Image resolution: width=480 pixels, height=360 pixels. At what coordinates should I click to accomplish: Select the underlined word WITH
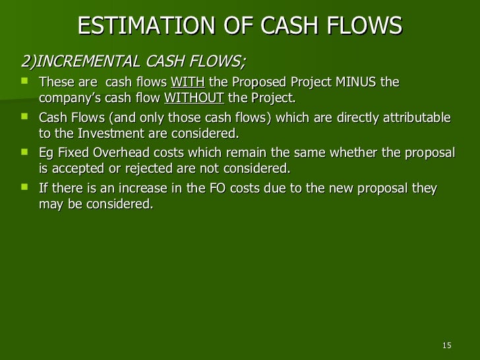(188, 82)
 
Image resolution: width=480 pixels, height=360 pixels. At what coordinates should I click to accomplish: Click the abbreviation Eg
(47, 153)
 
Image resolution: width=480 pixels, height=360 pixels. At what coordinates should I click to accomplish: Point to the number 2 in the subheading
(26, 63)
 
